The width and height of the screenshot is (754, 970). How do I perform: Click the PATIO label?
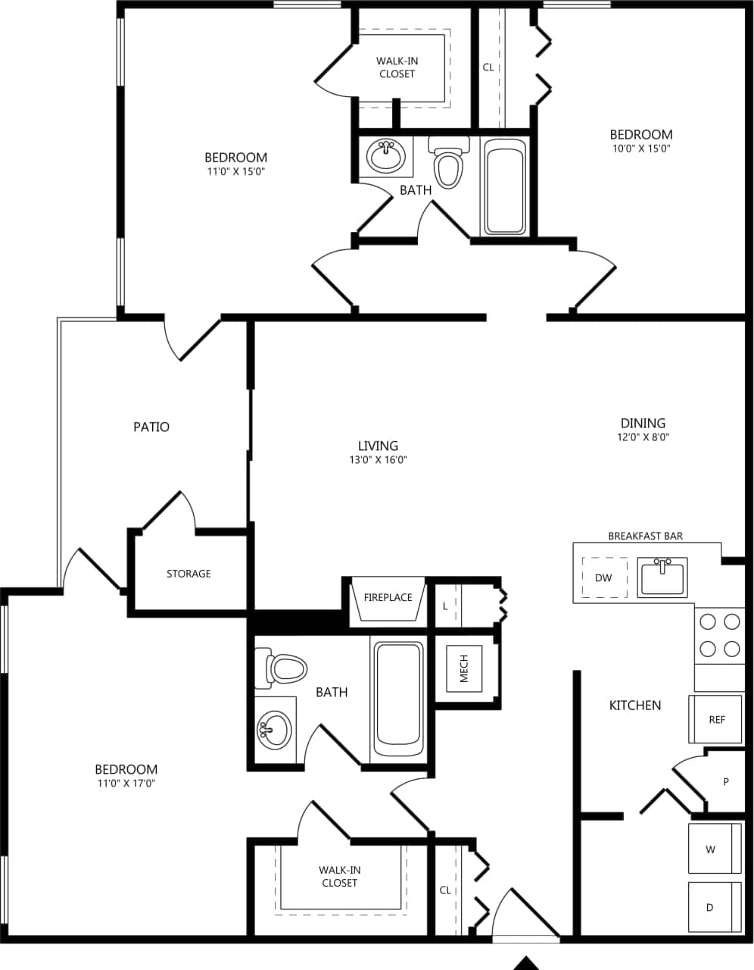coord(151,427)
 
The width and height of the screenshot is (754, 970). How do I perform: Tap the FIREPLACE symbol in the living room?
coord(388,602)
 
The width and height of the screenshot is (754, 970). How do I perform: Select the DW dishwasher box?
coord(603,577)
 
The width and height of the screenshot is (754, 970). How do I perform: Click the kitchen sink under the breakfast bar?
coord(663,578)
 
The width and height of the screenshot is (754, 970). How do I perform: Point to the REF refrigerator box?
coord(716,719)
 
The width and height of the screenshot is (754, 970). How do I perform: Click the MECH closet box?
coord(464,668)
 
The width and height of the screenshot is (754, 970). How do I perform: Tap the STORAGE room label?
coord(188,574)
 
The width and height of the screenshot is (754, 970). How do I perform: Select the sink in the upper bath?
coord(385,156)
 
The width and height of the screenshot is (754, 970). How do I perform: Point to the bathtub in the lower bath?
coord(398,693)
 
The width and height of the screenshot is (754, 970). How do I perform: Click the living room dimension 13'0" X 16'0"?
coord(378,459)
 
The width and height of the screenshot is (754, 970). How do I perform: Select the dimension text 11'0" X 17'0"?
coord(126,784)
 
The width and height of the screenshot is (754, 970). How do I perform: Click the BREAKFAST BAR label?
coord(645,536)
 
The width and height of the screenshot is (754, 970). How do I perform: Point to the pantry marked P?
coord(725,781)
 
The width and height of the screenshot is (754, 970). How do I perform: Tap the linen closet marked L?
coord(447,606)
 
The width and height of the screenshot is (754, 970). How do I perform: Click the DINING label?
coord(643,423)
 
